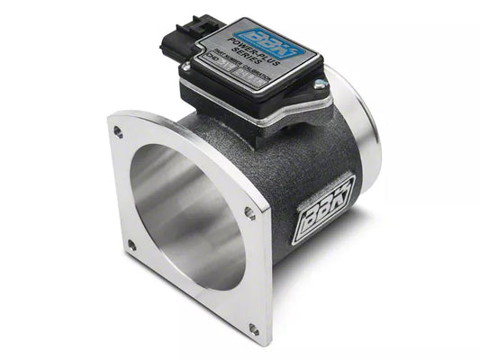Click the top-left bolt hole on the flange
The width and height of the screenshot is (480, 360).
(x=117, y=131)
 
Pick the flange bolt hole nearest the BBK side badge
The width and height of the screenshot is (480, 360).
(x=249, y=212)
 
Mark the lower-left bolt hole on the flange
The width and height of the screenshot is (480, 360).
(x=132, y=244)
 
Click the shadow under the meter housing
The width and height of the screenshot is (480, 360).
(x=342, y=270)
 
